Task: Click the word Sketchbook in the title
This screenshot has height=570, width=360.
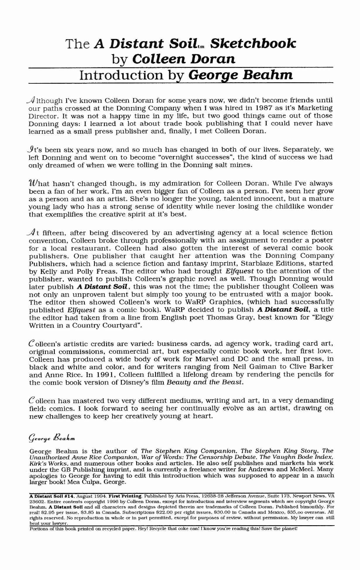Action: pyautogui.click(x=253, y=43)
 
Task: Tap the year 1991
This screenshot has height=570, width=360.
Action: pyautogui.click(x=103, y=374)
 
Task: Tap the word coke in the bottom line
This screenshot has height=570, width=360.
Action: pyautogui.click(x=183, y=528)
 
